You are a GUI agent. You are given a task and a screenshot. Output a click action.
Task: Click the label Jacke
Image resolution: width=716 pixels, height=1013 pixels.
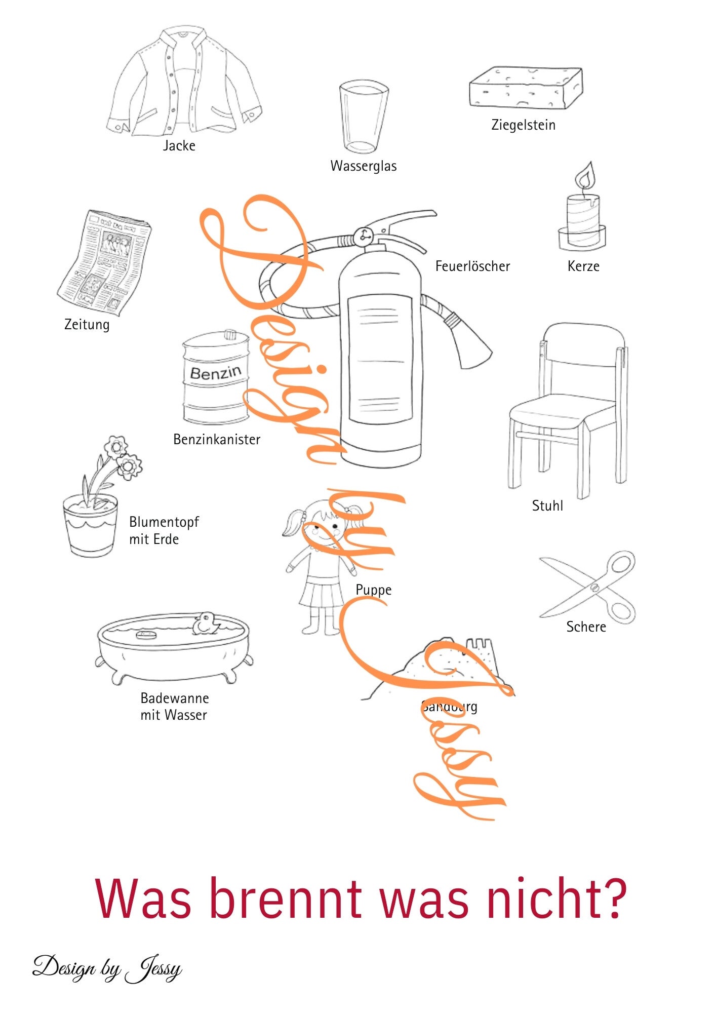[x=179, y=146]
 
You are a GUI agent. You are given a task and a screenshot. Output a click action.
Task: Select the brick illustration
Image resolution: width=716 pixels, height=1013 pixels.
[x=525, y=87]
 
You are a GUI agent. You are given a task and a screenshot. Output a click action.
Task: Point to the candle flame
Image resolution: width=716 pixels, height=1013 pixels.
[x=585, y=176]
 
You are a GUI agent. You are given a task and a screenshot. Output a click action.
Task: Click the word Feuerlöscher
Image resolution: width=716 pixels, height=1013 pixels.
[x=472, y=266]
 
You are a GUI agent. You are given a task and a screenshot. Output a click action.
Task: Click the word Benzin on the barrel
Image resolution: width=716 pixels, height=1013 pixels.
[x=216, y=373]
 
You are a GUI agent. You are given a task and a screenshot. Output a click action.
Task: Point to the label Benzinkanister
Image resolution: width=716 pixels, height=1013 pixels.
[x=217, y=440]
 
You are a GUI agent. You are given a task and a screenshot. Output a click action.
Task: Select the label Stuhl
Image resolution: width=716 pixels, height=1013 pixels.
[x=547, y=506]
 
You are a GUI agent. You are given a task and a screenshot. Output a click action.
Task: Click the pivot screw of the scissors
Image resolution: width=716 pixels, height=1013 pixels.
[x=594, y=588]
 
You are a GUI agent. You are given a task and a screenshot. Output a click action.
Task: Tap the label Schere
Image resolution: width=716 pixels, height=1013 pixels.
[x=586, y=627]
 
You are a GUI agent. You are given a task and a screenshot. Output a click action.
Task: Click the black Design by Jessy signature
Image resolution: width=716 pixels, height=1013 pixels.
[x=107, y=968]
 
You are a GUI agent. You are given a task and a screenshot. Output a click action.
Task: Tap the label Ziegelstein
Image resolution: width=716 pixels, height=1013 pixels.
[x=523, y=125]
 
